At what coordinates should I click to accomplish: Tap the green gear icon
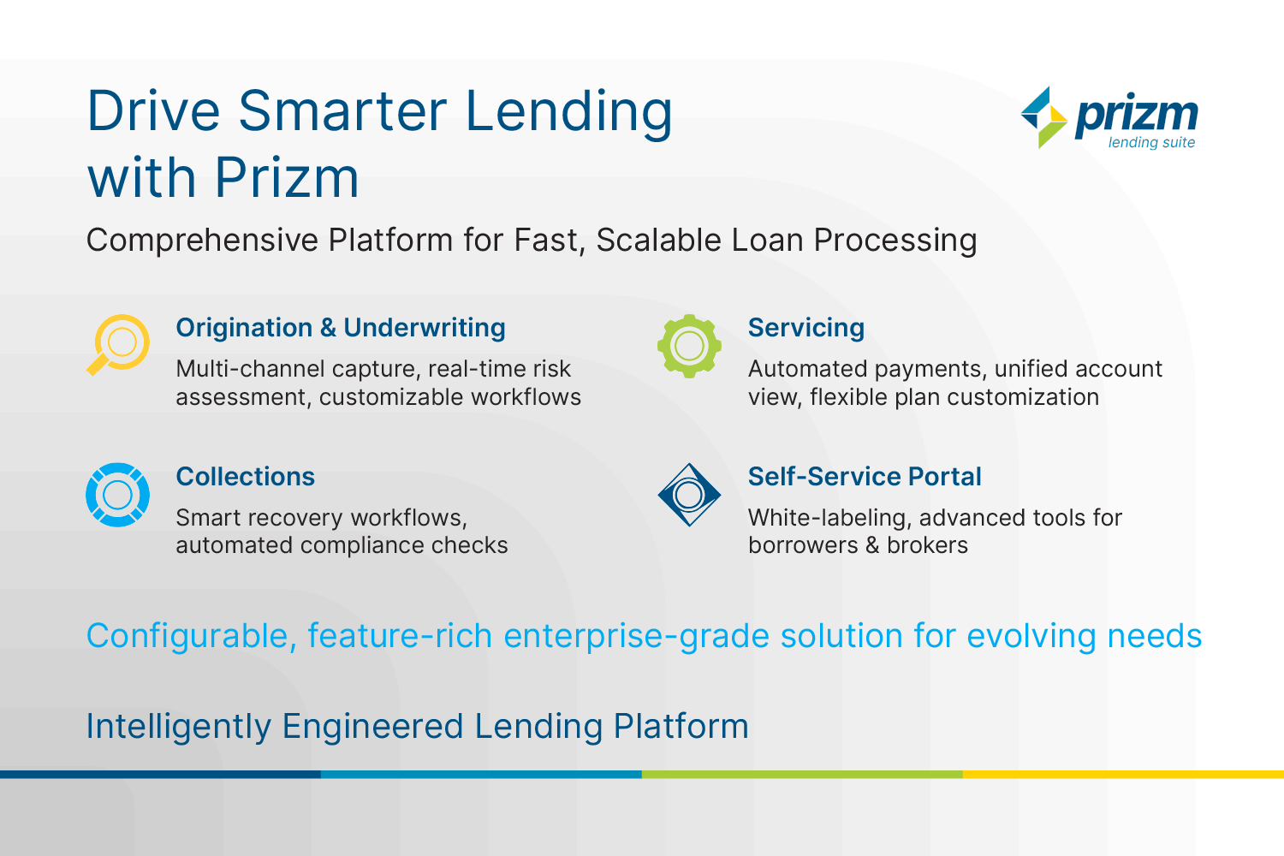[689, 346]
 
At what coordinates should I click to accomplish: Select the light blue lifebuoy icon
[117, 495]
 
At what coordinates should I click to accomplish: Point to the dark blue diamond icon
[689, 495]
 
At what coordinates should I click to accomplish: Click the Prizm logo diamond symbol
[1043, 117]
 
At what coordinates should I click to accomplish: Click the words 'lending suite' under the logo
[1151, 143]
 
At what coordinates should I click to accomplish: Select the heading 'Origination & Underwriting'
[341, 328]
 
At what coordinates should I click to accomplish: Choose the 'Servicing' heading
[806, 329]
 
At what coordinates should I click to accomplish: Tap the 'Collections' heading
[246, 477]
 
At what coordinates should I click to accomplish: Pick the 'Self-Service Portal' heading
[865, 477]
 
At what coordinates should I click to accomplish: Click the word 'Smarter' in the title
[342, 111]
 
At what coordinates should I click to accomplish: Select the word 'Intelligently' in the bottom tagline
[179, 727]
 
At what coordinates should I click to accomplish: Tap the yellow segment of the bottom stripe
[1123, 774]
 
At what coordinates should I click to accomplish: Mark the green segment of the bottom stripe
[803, 774]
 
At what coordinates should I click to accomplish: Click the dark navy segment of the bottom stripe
[161, 774]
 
